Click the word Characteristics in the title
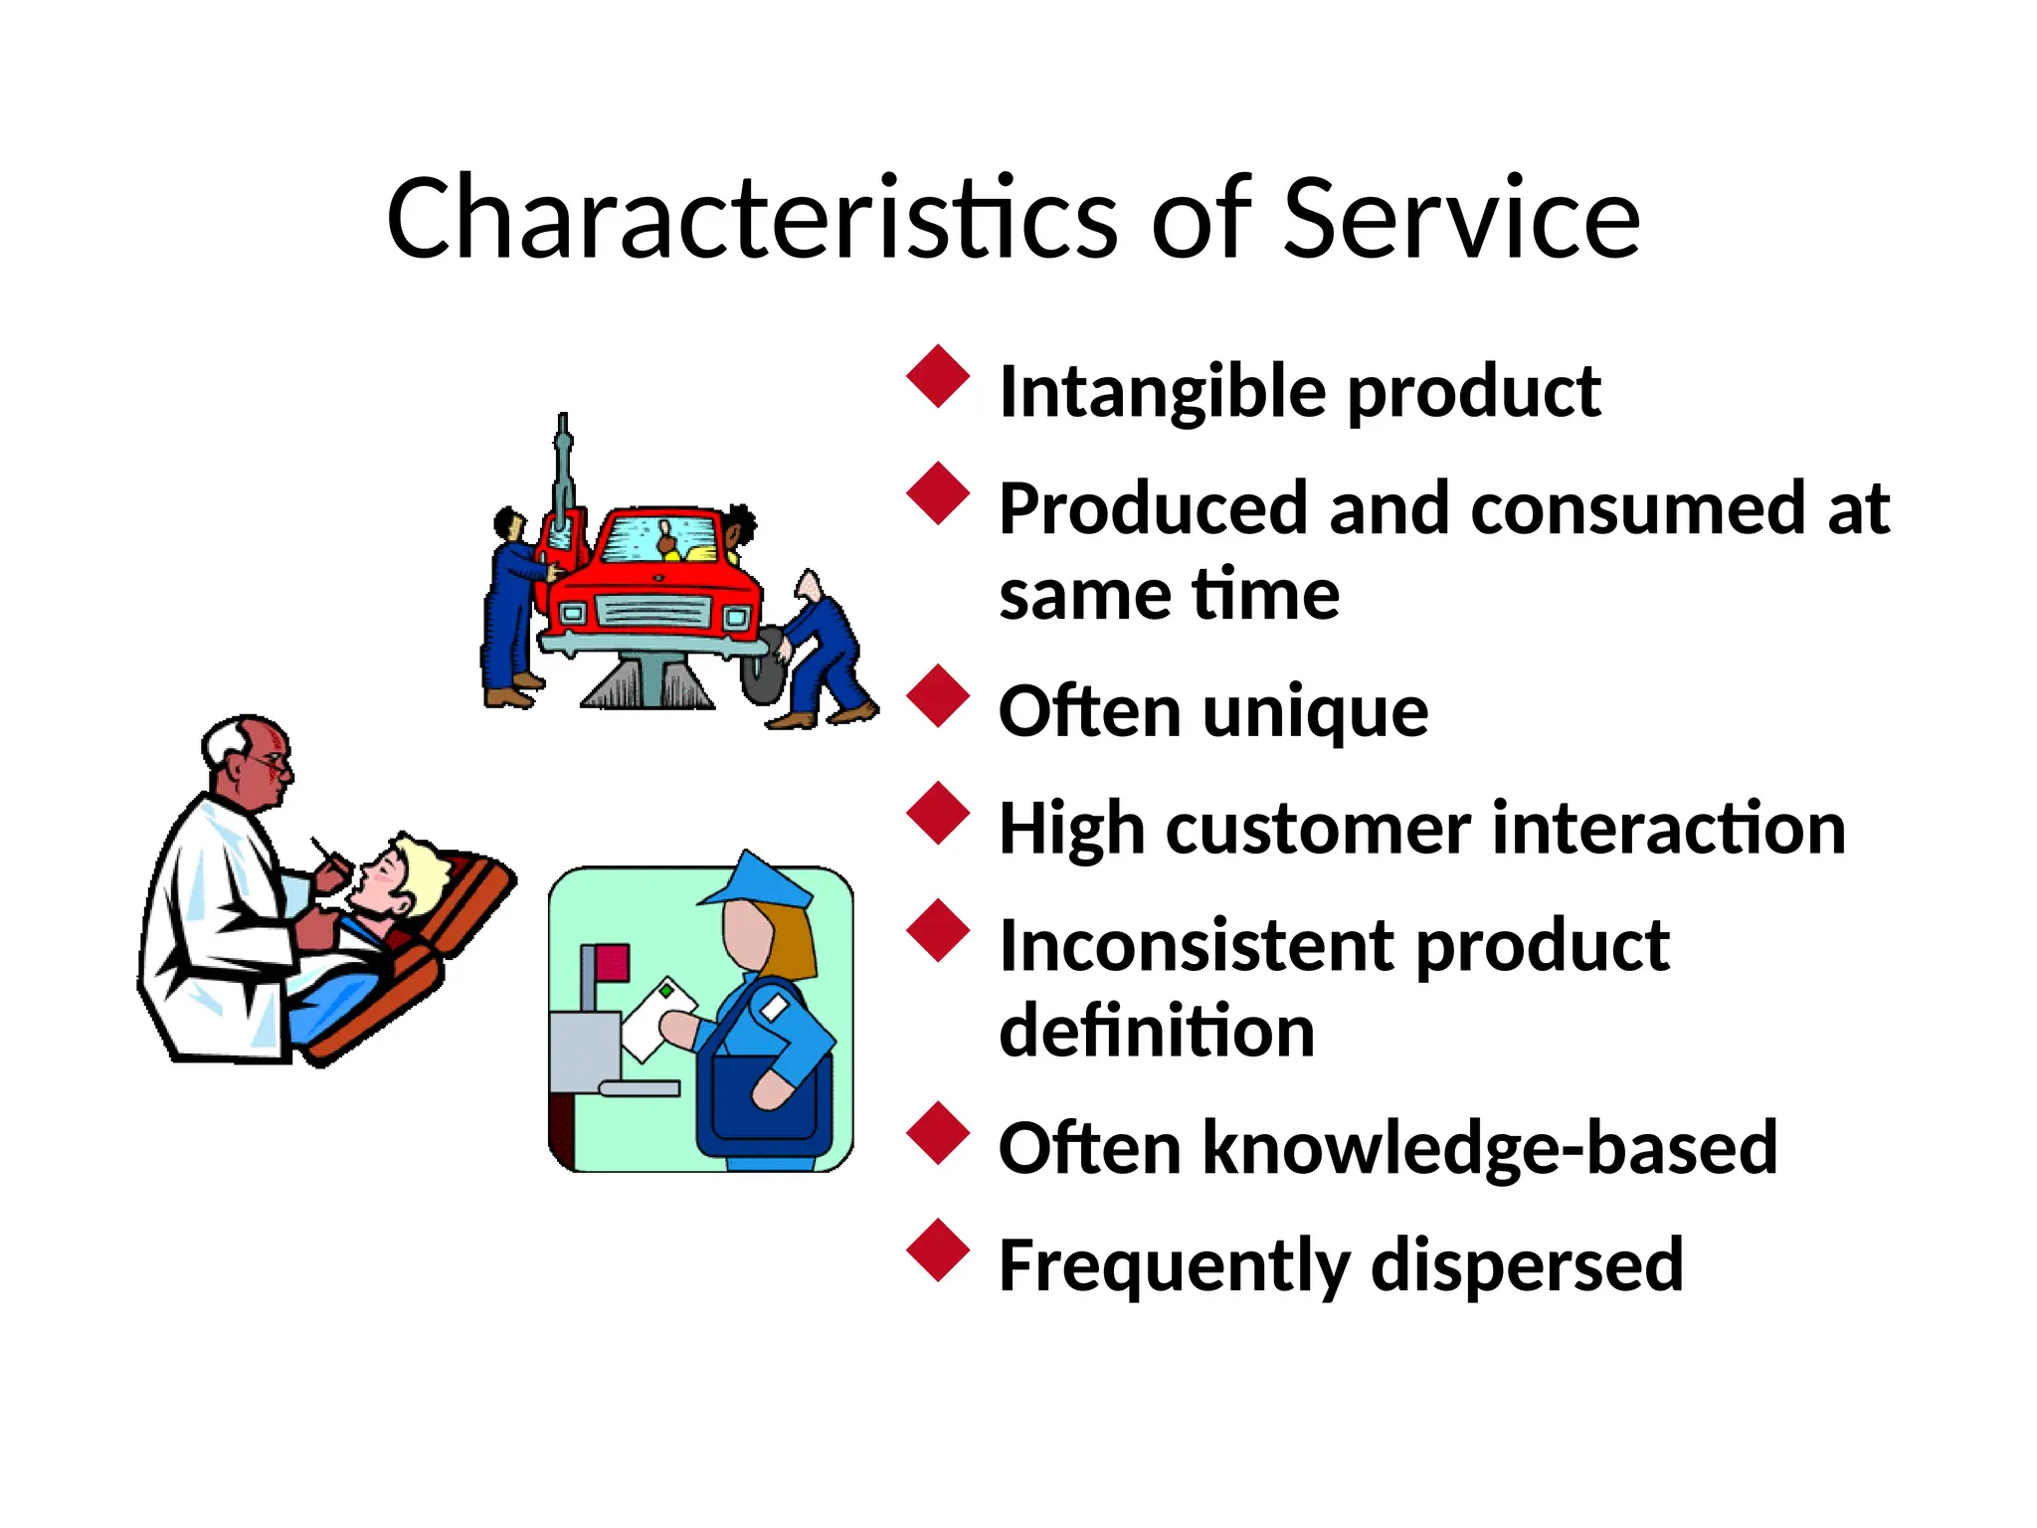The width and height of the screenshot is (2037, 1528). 751,219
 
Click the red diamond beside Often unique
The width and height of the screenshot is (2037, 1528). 938,695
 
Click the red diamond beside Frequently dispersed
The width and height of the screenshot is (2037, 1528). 938,1249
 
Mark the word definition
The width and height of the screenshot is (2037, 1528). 1156,1032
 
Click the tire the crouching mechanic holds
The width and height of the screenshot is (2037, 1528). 763,667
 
